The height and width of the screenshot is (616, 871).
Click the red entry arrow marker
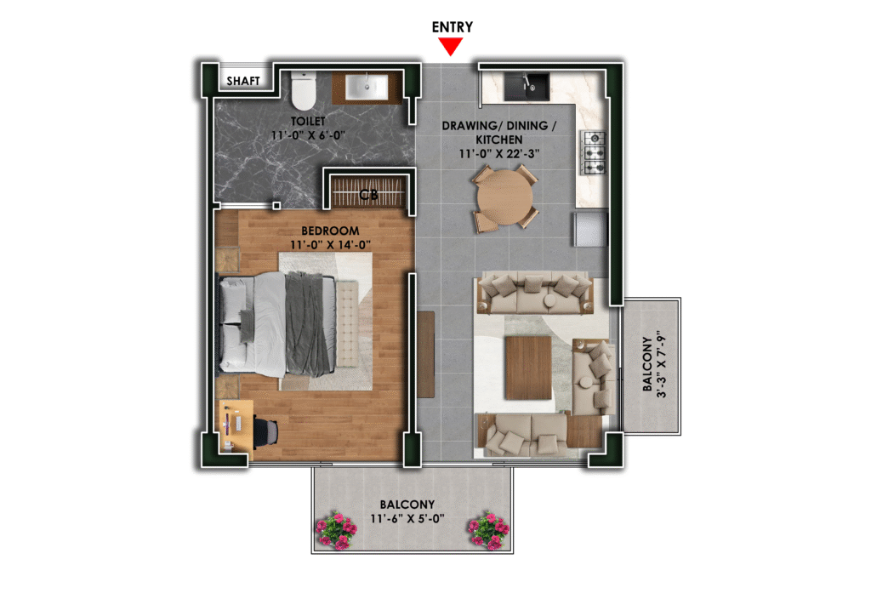[451, 46]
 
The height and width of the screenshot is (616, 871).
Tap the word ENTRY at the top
[453, 26]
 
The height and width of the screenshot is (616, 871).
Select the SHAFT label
[243, 81]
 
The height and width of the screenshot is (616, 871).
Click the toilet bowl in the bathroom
[304, 90]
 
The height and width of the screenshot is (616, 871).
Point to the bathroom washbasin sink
[367, 88]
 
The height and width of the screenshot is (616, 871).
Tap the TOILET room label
[308, 121]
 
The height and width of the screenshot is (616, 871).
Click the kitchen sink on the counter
[527, 87]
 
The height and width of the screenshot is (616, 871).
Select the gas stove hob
[593, 152]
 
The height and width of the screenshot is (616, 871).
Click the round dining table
[504, 197]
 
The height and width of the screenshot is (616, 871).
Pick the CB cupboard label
[368, 194]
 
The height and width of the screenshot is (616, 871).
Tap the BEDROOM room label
[330, 231]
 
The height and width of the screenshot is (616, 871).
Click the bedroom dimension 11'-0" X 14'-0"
[330, 244]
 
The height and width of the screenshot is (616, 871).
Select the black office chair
[266, 431]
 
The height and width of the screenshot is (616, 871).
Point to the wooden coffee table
[528, 368]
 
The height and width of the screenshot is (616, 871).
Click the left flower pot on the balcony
[336, 529]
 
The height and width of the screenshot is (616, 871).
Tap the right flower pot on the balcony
[488, 529]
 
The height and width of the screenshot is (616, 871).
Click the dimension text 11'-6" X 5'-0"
[407, 519]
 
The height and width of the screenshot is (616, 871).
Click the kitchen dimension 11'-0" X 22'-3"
[498, 154]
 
